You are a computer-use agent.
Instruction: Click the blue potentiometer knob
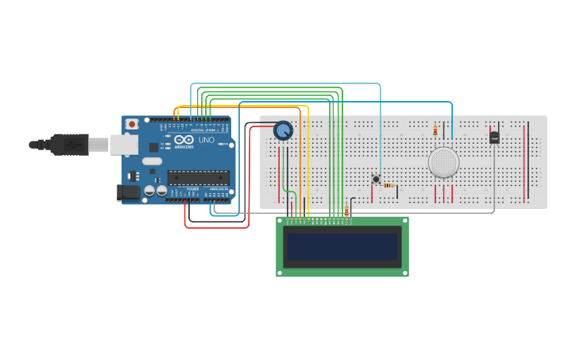point(283,130)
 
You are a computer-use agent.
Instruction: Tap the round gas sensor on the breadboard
point(443,162)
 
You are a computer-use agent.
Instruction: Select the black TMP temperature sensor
point(494,137)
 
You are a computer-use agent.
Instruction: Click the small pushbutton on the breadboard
point(376,179)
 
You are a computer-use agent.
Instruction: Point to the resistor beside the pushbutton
point(388,185)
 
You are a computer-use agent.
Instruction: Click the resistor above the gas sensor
point(435,130)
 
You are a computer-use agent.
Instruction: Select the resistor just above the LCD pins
point(346,210)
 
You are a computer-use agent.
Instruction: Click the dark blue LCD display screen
point(342,247)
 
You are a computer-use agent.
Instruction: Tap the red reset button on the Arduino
point(132,124)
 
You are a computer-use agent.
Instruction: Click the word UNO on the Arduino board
point(206,140)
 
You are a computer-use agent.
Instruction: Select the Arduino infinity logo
point(184,139)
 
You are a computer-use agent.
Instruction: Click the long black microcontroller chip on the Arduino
point(198,177)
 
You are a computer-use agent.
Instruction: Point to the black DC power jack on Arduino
point(128,192)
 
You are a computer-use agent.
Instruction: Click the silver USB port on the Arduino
point(122,144)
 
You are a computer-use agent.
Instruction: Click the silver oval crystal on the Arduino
point(153,161)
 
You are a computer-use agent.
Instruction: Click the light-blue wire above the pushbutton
point(380,127)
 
